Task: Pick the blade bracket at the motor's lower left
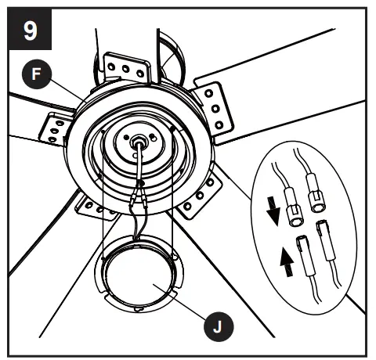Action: coord(89,205)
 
